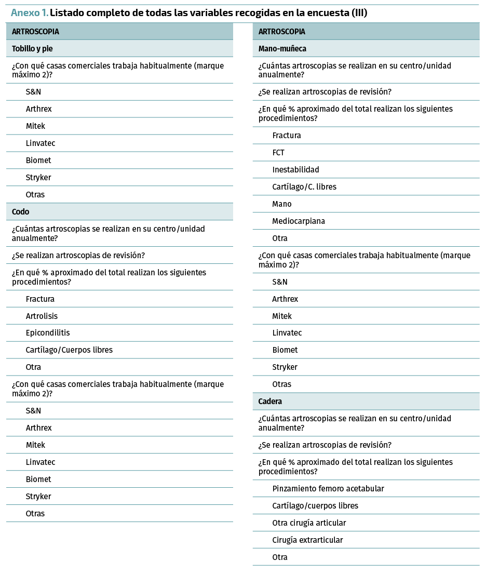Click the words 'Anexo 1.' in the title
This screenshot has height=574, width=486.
(30, 13)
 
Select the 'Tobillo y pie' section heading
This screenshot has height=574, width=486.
(32, 49)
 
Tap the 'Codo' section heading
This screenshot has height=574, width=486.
(21, 212)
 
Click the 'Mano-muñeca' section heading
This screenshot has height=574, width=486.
(282, 49)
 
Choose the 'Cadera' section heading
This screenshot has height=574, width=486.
(270, 402)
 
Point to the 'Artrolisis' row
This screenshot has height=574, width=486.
(42, 316)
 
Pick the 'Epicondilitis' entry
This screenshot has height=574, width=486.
(48, 333)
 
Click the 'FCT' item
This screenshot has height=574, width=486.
(278, 153)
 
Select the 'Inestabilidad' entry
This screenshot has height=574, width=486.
(295, 170)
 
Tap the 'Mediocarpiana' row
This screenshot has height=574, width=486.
(299, 221)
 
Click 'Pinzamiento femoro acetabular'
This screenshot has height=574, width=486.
(328, 489)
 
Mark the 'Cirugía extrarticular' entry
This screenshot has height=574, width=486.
(307, 540)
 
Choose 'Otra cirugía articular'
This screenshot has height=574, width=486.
(309, 523)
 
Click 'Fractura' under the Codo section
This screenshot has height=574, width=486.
(40, 299)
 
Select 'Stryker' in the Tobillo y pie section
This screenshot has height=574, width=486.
(38, 178)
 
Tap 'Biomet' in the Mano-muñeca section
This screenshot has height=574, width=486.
(285, 350)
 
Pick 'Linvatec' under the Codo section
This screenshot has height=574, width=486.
(40, 462)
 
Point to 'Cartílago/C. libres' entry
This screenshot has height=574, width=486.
(304, 187)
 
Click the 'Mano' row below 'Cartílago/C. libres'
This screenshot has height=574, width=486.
(282, 204)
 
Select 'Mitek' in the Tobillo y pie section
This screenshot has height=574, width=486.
(35, 126)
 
